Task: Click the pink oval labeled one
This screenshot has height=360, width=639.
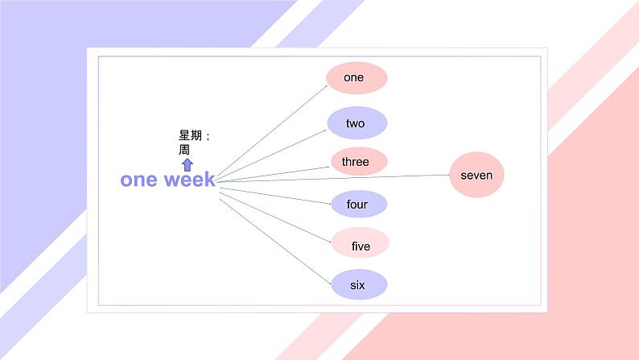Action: pyautogui.click(x=357, y=78)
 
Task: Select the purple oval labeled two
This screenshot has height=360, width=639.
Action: pyautogui.click(x=357, y=123)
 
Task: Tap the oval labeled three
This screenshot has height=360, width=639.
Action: pyautogui.click(x=359, y=162)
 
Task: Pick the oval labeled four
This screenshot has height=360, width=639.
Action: pyautogui.click(x=359, y=205)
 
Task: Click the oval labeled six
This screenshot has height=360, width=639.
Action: pyautogui.click(x=359, y=284)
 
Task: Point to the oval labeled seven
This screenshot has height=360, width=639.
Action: pyautogui.click(x=476, y=175)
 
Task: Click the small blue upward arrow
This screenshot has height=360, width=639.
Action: pyautogui.click(x=187, y=164)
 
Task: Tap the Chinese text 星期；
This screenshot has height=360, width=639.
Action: pyautogui.click(x=195, y=136)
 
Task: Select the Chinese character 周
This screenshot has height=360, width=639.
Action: pyautogui.click(x=184, y=150)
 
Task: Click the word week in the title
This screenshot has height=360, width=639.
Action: pyautogui.click(x=190, y=180)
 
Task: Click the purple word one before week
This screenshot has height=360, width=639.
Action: pyautogui.click(x=138, y=180)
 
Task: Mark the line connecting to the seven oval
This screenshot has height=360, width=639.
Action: pyautogui.click(x=338, y=177)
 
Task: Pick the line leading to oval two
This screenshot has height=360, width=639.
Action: pyautogui.click(x=274, y=151)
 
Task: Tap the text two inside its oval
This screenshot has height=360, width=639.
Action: pyautogui.click(x=356, y=123)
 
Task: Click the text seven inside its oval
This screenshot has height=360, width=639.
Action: pyautogui.click(x=476, y=175)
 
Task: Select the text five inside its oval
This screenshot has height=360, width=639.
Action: pyautogui.click(x=361, y=246)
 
